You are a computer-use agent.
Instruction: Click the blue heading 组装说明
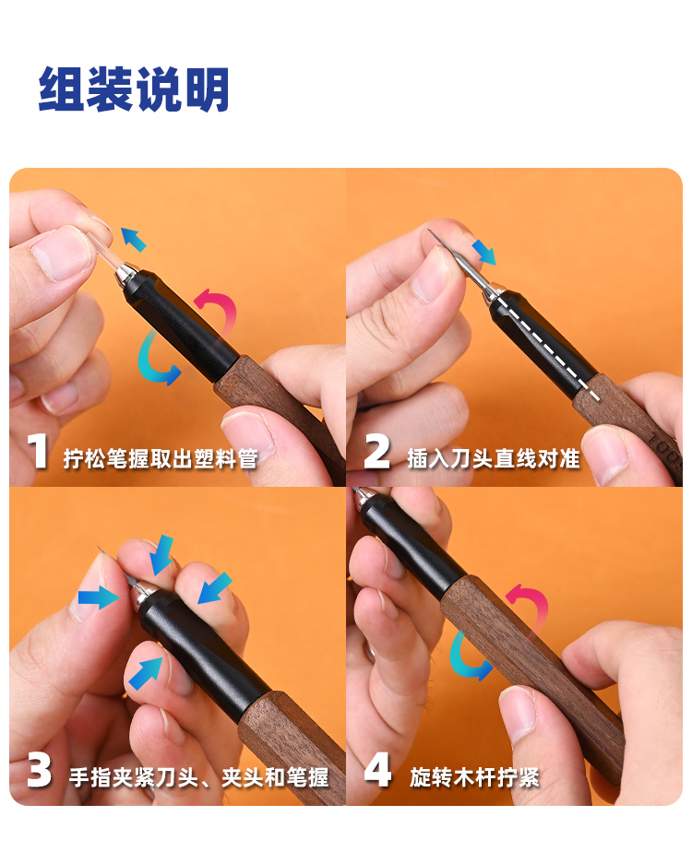[x=134, y=89]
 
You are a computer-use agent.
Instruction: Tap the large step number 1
[x=38, y=451]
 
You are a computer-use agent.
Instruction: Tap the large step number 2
[x=376, y=451]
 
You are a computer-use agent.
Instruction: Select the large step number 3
[x=39, y=769]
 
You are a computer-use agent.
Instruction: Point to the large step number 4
[x=377, y=769]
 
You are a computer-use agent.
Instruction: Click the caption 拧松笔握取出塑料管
[x=161, y=458]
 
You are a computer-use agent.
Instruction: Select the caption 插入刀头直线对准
[x=494, y=458]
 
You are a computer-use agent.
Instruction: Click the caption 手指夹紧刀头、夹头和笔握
[x=199, y=777]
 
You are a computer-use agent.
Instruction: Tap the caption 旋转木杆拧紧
[x=474, y=777]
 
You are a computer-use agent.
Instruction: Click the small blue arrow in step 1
[x=133, y=239]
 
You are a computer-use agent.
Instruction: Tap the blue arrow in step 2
[x=483, y=252]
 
